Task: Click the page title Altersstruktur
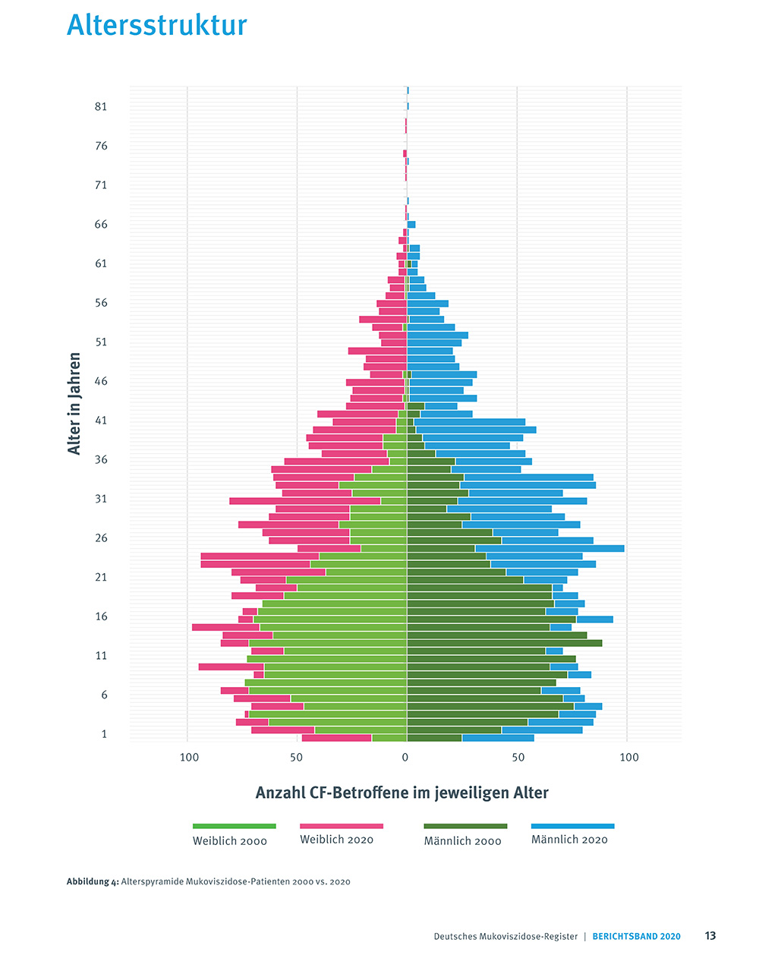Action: pos(157,25)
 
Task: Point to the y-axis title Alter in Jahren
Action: pos(74,403)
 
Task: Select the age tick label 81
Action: pos(101,107)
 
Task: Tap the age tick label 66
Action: pos(101,225)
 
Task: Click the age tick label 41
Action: pos(101,421)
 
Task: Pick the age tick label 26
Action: pos(101,538)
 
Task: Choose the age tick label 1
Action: pos(104,734)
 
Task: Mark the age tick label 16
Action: pos(101,616)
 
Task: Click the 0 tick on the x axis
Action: pos(405,757)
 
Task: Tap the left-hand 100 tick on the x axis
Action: pos(189,757)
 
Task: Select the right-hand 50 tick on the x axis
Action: pos(518,757)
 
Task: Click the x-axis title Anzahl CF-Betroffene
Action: pos(402,793)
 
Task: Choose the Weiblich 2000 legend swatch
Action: pos(234,826)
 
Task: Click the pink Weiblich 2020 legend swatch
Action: pos(342,826)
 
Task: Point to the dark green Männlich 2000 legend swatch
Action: pos(465,826)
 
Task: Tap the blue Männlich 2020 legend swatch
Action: pos(573,826)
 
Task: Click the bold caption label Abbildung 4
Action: pos(93,882)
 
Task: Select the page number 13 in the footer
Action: pos(710,936)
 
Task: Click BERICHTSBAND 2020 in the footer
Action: pos(637,937)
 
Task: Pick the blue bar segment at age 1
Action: pos(498,738)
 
